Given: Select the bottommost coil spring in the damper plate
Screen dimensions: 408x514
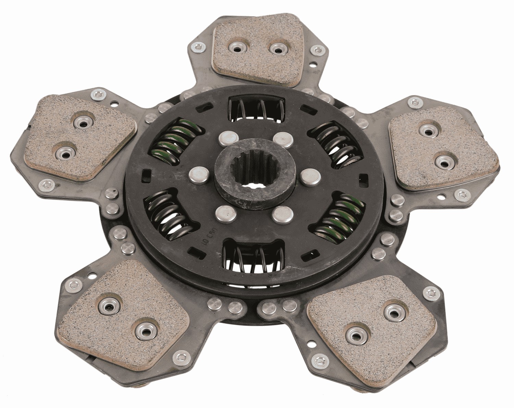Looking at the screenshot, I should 254,256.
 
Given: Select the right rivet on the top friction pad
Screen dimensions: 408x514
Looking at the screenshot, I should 277,49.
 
